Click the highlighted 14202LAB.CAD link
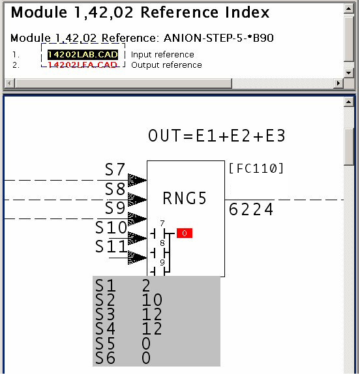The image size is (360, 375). [x=82, y=55]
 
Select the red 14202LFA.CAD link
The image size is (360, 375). [x=82, y=65]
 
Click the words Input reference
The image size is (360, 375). [x=162, y=55]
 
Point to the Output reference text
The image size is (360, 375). [x=166, y=65]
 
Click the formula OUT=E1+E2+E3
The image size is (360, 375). [x=217, y=136]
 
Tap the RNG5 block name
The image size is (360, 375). [x=185, y=198]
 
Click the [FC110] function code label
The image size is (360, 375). [x=256, y=169]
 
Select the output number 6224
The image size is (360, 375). [x=251, y=209]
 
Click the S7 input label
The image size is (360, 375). [x=115, y=170]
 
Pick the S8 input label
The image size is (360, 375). [x=115, y=190]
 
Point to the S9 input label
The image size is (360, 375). [x=115, y=209]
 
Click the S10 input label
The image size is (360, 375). [x=111, y=228]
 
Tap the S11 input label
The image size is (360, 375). [x=111, y=247]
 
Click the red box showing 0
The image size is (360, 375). [x=185, y=233]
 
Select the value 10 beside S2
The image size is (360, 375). [x=151, y=301]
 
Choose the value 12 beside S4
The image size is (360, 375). [x=151, y=329]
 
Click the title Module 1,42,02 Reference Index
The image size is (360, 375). [x=140, y=12]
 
